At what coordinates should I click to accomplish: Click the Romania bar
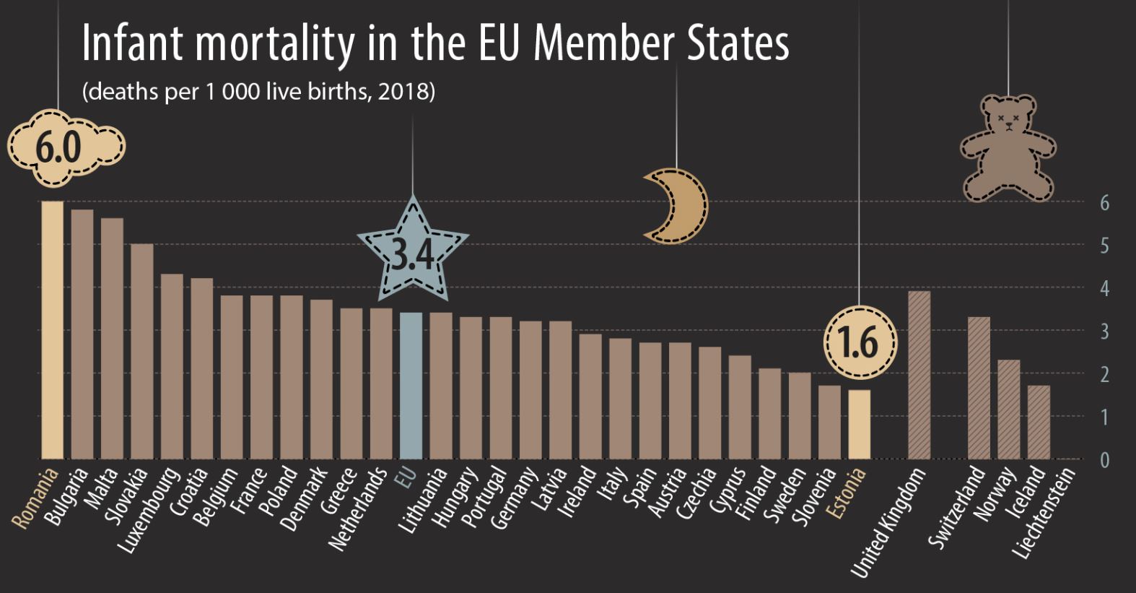[x=52, y=329]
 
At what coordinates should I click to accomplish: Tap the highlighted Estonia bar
[x=859, y=424]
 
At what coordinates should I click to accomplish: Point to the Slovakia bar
[x=141, y=351]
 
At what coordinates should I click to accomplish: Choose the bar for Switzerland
[x=979, y=387]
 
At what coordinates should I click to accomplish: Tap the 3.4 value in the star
[x=412, y=254]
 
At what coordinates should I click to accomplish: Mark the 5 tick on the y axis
[x=1104, y=246]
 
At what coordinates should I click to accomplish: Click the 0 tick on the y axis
[x=1104, y=460]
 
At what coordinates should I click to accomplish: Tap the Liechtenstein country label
[x=1044, y=512]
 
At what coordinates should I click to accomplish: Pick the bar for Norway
[x=1008, y=409]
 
